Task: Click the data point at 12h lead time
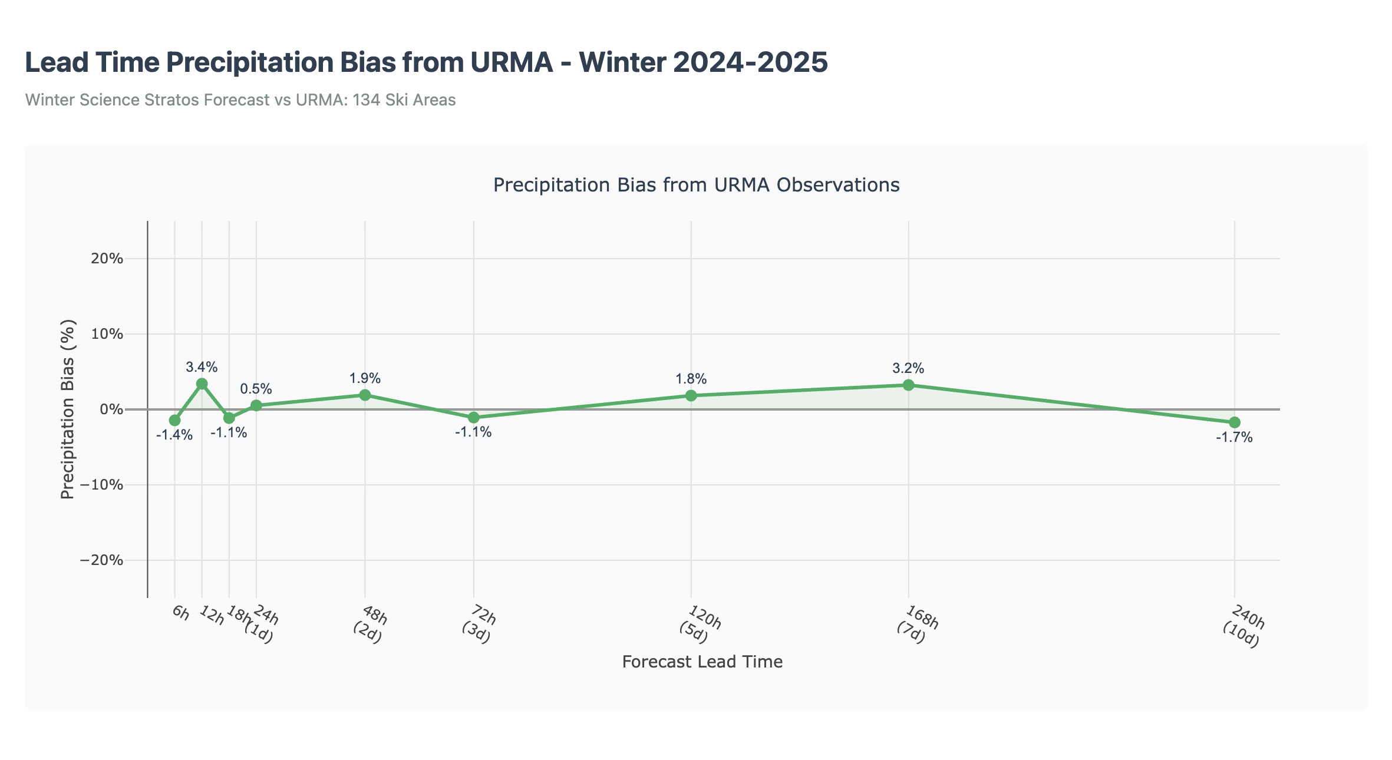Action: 202,384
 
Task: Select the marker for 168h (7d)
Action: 908,385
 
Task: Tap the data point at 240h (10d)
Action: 1234,422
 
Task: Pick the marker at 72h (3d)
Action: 473,417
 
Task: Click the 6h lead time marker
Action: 174,420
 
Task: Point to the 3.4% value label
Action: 202,367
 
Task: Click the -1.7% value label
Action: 1234,438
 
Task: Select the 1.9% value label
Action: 365,378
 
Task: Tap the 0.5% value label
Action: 256,389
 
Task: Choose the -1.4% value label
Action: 174,435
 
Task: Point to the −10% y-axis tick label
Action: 102,485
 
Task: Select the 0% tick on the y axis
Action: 111,409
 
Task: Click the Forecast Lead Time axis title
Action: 702,662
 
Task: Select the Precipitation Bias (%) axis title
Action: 68,409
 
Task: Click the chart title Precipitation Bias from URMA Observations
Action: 696,185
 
